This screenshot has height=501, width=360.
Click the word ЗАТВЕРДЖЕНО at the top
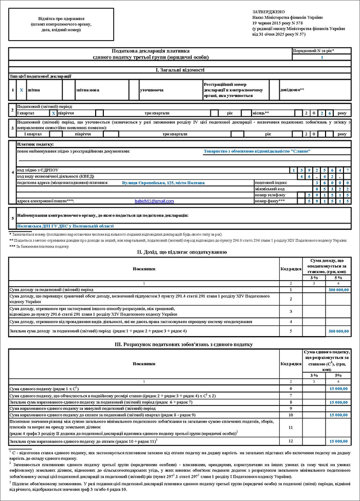pos(268,11)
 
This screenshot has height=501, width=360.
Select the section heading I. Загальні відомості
pos(179,70)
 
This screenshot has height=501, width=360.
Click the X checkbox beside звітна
pos(21,89)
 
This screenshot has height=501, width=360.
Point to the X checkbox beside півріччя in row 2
pos(53,112)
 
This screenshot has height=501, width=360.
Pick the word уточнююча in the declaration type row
pos(152,89)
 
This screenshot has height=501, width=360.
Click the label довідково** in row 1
pos(292,89)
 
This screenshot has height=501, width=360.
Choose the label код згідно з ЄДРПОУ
pos(38,170)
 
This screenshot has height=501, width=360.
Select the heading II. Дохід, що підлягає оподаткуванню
pos(179,252)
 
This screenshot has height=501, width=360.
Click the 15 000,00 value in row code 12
pos(338,441)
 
